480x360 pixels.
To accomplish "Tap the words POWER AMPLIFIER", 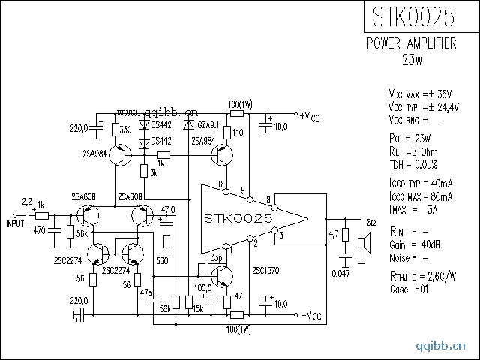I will (x=411, y=44).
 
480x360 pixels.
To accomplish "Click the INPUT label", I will (x=16, y=223).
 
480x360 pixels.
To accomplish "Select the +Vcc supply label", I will (x=310, y=116).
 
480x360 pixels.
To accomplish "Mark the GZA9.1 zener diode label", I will (x=207, y=124).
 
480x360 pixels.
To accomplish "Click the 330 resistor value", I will (x=125, y=130).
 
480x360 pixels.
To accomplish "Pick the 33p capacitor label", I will (x=216, y=257).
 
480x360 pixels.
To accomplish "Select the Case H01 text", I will (x=409, y=289).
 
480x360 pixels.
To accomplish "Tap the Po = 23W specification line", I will (x=411, y=139).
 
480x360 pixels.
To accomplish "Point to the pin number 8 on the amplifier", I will (x=269, y=199).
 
